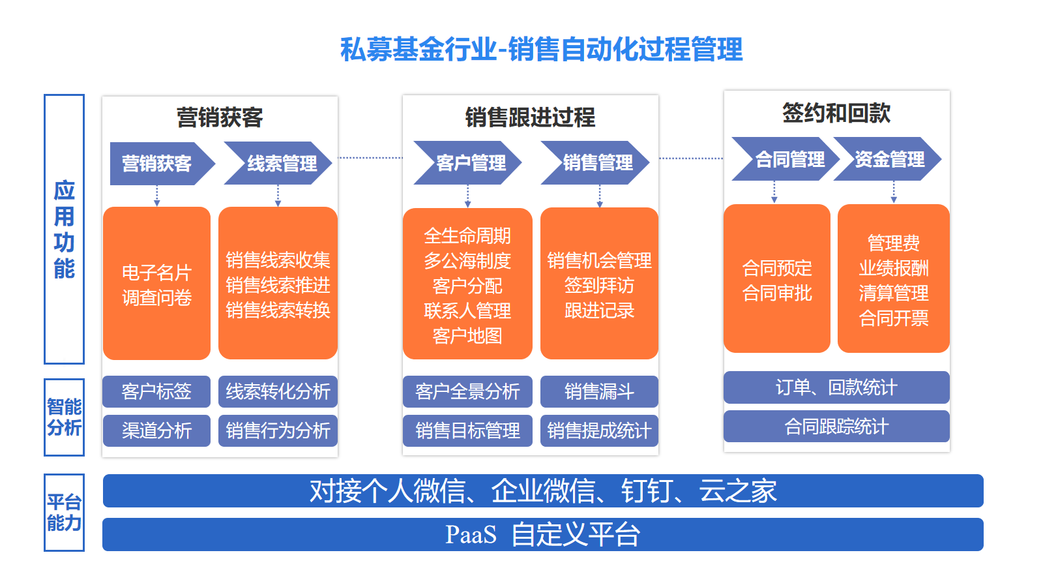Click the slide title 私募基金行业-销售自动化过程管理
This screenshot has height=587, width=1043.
click(541, 50)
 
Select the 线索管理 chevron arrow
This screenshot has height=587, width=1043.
click(278, 163)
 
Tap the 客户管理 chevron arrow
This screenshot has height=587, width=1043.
click(467, 162)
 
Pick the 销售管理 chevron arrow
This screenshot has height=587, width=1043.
click(595, 162)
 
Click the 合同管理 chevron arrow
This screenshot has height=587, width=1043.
click(786, 159)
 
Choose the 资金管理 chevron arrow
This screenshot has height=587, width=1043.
click(887, 159)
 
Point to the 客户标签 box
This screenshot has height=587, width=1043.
click(156, 391)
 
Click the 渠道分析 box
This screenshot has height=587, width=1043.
click(156, 430)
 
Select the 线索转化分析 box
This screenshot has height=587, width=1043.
click(278, 391)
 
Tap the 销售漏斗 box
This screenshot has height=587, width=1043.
click(599, 391)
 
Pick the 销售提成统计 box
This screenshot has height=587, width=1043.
click(599, 430)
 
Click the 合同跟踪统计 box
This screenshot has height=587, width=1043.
click(836, 427)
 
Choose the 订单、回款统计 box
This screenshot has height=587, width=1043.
click(836, 387)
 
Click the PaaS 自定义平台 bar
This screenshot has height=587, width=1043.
click(543, 534)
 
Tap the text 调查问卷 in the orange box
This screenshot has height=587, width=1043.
click(156, 297)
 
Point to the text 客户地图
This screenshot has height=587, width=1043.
click(467, 336)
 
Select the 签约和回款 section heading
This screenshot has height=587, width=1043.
click(836, 113)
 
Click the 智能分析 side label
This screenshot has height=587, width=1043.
click(65, 417)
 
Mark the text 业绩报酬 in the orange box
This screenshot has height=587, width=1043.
click(894, 268)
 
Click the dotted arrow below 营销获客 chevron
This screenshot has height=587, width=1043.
click(157, 196)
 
